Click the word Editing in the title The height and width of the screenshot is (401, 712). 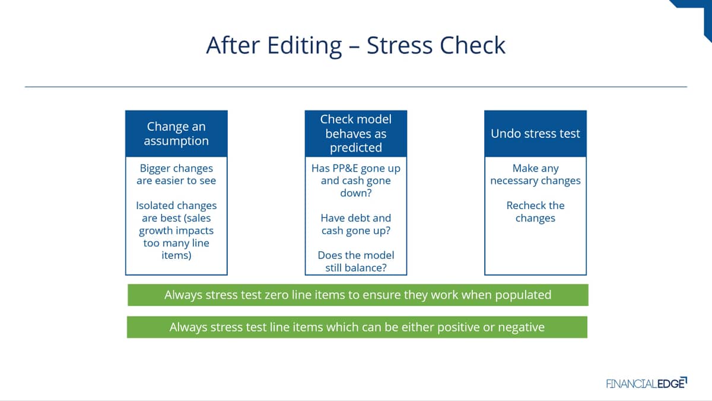tap(304, 46)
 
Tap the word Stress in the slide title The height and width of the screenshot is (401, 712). tap(400, 45)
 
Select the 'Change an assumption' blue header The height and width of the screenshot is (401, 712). tap(176, 134)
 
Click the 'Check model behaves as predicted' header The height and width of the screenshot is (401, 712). tap(356, 134)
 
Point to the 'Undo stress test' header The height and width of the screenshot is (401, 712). tap(536, 134)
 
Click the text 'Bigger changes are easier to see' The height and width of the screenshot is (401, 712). tap(176, 175)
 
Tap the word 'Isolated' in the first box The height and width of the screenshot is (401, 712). tap(154, 206)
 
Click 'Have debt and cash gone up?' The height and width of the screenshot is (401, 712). tap(356, 224)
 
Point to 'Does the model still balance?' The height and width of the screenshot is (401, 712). tap(356, 261)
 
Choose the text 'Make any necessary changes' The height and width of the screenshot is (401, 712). tap(536, 175)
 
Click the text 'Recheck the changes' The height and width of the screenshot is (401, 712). tap(536, 211)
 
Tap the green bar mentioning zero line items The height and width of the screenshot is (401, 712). tap(358, 295)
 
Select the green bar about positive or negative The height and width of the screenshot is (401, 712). tap(357, 327)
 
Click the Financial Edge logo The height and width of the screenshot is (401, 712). tap(647, 383)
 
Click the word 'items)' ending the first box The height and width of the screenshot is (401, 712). tap(176, 255)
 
